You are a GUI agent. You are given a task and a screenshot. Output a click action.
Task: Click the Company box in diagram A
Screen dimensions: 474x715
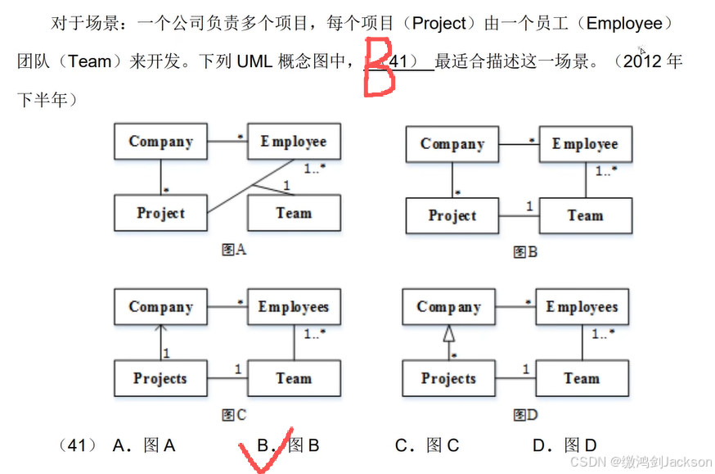pos(160,142)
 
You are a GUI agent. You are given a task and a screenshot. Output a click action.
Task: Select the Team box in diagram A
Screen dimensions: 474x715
pos(294,213)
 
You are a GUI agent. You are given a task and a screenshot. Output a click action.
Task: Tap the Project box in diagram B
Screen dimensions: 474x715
pos(452,216)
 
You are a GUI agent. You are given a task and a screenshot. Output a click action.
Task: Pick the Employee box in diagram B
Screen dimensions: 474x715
pos(585,144)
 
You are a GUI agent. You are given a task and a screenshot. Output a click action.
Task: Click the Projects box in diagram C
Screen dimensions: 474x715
pos(160,379)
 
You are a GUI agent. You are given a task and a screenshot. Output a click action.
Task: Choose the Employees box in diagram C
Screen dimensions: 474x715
pos(294,307)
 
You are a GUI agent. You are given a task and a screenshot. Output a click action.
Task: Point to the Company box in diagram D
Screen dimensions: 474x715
pos(448,307)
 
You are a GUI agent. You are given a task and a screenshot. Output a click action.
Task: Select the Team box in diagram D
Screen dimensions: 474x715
pos(582,379)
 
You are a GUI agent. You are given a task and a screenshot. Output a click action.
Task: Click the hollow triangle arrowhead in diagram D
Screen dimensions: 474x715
pos(447,333)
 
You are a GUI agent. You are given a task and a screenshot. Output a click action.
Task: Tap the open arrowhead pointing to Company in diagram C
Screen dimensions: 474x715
pos(161,330)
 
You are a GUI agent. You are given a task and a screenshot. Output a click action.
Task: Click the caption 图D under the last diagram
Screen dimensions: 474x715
pos(525,415)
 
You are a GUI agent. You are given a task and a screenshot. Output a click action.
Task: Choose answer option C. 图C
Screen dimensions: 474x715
pos(427,446)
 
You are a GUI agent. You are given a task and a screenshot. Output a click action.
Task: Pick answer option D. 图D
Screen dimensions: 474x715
pos(564,446)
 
